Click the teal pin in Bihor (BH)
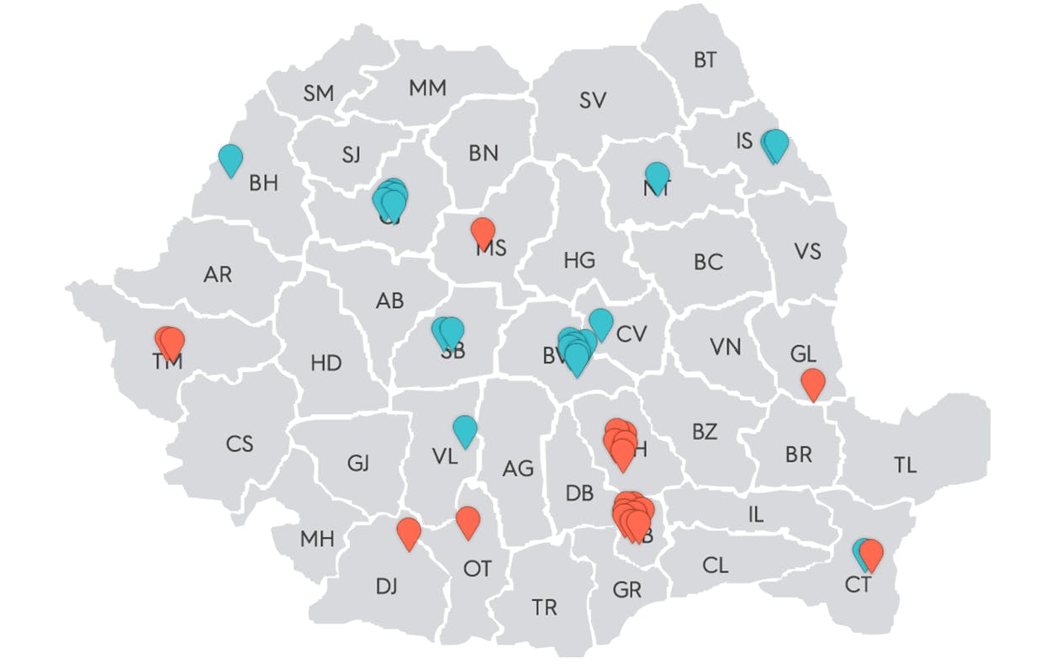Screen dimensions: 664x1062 click(x=230, y=158)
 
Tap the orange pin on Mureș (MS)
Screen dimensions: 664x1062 click(x=483, y=231)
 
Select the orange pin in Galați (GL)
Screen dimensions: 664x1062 click(x=812, y=382)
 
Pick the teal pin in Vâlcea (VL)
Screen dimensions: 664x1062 click(x=465, y=429)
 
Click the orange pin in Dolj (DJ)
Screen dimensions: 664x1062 click(x=409, y=532)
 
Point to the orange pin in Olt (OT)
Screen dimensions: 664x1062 click(x=468, y=521)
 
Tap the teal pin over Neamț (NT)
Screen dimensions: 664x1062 click(x=657, y=176)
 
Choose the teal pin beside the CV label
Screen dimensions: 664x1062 click(x=600, y=322)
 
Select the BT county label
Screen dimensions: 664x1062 click(x=705, y=60)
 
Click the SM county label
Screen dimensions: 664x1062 click(x=319, y=93)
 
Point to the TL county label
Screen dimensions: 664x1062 click(x=906, y=465)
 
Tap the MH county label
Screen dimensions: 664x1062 click(x=317, y=539)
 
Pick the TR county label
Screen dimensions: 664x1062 click(x=544, y=607)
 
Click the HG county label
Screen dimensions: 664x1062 click(x=579, y=260)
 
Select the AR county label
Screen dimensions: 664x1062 click(x=218, y=274)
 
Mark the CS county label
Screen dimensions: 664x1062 click(x=240, y=444)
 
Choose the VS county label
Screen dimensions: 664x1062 click(x=807, y=251)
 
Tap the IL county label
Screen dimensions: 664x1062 click(x=756, y=514)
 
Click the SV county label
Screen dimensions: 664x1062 click(x=593, y=100)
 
